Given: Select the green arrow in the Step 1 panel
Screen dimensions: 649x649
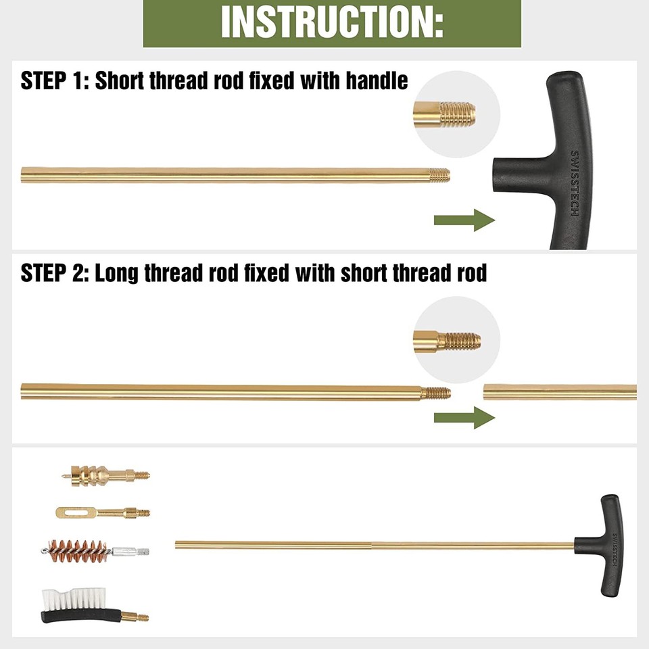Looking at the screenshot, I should coord(464,220).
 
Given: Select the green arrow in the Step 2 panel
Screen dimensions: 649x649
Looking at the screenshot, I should coord(464,417).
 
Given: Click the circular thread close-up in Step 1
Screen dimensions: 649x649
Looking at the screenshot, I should coord(456,114).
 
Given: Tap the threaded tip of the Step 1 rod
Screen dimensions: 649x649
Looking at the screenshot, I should coord(439,175).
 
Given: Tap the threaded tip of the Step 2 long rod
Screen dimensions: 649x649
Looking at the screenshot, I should coord(437,392).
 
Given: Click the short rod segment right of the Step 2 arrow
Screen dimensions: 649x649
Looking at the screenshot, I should coord(560,392).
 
